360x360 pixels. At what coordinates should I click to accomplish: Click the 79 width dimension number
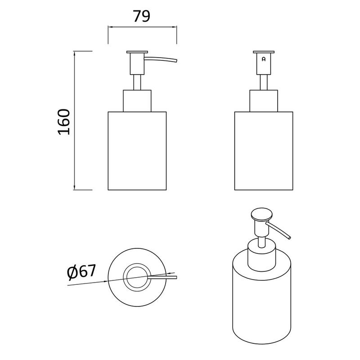point(142,16)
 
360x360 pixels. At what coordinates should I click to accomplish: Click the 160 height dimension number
point(64,122)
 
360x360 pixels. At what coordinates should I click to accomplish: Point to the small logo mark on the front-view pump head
point(264,59)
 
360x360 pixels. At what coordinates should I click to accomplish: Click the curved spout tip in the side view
point(176,61)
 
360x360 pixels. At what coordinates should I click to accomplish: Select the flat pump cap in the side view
point(137,52)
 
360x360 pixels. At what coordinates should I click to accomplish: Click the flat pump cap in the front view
point(264,52)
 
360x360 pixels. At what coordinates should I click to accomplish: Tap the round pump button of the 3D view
point(262,214)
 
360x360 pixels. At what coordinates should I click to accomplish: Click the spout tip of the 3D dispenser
point(289,237)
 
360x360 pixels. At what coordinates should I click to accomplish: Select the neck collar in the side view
point(137,101)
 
